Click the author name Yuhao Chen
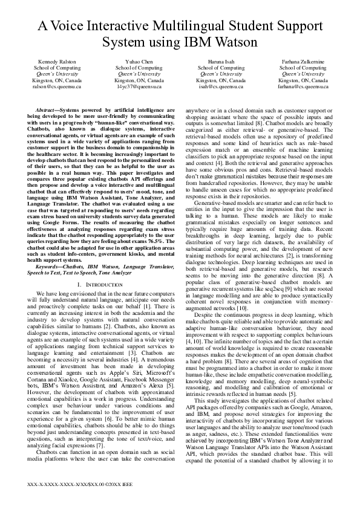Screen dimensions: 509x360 click(139, 62)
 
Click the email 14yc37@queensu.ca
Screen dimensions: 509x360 click(139, 86)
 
